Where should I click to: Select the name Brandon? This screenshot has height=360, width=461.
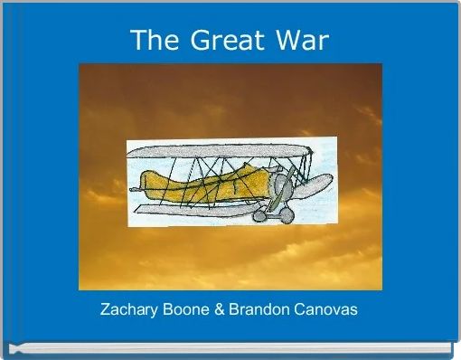[257, 309]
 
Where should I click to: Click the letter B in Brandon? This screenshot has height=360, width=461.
[234, 309]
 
